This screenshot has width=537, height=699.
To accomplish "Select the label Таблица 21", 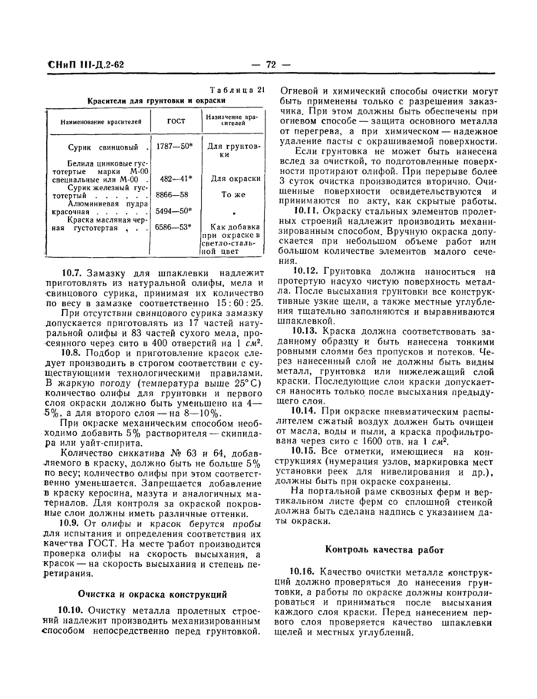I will (x=236, y=89).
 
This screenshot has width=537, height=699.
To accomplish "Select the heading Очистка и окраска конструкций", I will (x=153, y=594).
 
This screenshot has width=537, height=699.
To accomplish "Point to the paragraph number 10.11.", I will (x=308, y=210).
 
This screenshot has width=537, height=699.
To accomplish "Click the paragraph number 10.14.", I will (x=308, y=410).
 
